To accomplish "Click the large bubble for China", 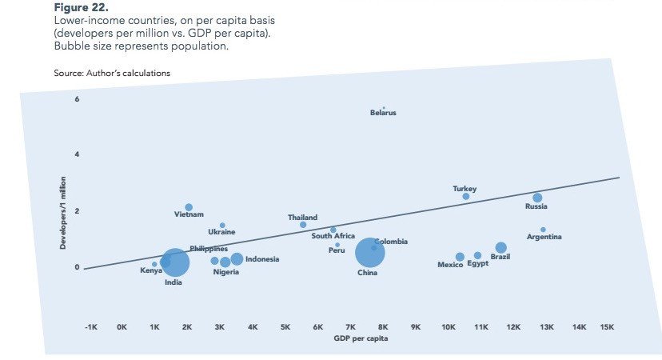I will coord(369,253).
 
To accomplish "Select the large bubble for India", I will coord(175,262).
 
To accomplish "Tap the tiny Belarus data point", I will coord(384,107).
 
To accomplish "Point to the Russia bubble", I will coord(537,198).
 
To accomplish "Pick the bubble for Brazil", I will coord(500,248).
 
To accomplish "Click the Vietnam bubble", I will coord(189,207).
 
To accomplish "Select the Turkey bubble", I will coord(466,196).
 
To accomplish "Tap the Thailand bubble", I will coord(303,225).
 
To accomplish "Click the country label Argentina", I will coord(544,237).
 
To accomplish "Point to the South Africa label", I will coord(333,236).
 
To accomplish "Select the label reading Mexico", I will coord(450,265).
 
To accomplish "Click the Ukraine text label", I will coord(221,232).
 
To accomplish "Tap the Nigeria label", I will coord(226,272).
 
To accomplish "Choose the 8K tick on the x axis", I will coord(383,327).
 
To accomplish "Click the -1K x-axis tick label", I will coord(90,327).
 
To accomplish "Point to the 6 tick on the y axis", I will coord(77,98).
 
